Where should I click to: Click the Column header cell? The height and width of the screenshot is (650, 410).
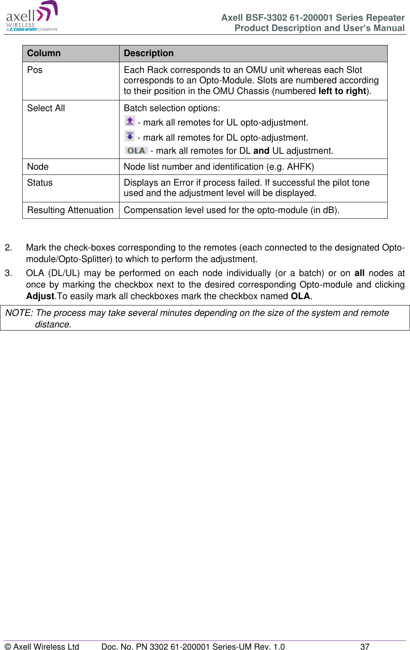pyautogui.click(x=44, y=53)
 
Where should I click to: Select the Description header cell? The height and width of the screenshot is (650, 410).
pyautogui.click(x=149, y=53)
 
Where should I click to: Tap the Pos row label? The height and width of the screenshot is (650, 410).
pyautogui.click(x=35, y=70)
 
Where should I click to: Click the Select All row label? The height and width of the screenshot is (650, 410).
pyautogui.click(x=46, y=108)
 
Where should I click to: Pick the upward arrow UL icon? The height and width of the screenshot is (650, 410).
pyautogui.click(x=130, y=121)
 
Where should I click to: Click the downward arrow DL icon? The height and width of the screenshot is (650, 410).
pyautogui.click(x=130, y=136)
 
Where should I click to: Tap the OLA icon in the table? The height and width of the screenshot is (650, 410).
pyautogui.click(x=136, y=151)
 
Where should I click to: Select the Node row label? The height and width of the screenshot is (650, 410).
pyautogui.click(x=38, y=167)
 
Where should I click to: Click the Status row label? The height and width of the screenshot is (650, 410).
pyautogui.click(x=40, y=183)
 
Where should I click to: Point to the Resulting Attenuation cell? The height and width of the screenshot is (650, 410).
pyautogui.click(x=70, y=210)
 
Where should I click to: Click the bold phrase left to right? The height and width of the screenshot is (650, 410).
pyautogui.click(x=342, y=91)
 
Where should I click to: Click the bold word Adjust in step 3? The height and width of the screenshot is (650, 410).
pyautogui.click(x=40, y=296)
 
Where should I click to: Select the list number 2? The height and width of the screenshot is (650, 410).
pyautogui.click(x=8, y=248)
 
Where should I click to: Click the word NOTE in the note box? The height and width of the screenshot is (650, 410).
pyautogui.click(x=18, y=313)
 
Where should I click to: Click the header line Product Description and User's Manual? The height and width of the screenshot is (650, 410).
pyautogui.click(x=319, y=28)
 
